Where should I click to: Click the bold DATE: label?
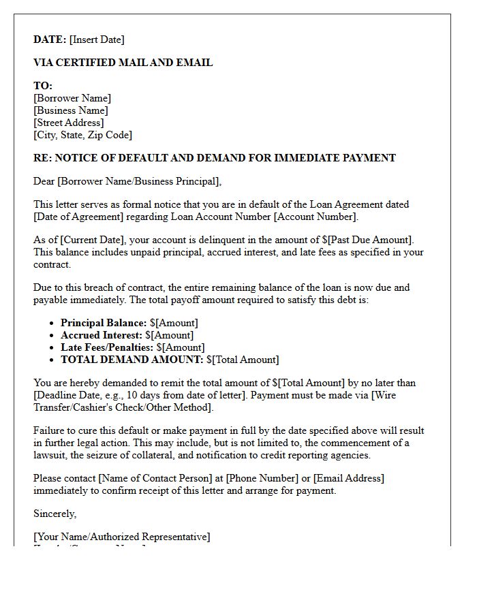point(50,40)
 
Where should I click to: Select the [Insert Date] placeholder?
point(97,40)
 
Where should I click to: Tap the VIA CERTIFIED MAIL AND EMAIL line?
point(123,63)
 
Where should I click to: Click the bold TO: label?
point(43,86)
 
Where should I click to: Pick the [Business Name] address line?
point(71,110)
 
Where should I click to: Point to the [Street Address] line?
point(69,123)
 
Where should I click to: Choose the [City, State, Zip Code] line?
point(82,135)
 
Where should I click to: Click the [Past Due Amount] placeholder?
point(372,240)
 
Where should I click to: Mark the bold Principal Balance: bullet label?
point(104,323)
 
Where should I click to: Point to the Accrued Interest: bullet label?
point(101,335)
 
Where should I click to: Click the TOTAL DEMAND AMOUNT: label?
point(132,360)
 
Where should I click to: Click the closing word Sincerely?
point(55,514)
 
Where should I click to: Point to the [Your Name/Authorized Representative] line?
point(122,537)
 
